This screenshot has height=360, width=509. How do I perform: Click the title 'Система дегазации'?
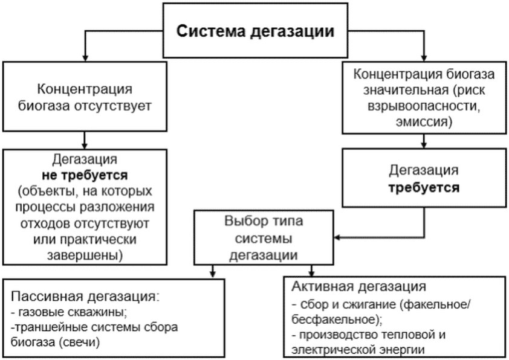254,31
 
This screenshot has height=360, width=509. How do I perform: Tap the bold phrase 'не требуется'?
85,176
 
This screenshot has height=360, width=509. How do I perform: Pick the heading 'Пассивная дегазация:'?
84,297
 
